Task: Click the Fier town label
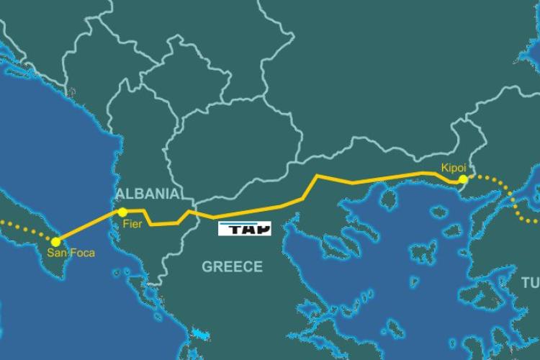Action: (132, 225)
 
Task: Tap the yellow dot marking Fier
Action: (123, 212)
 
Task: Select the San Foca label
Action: (71, 253)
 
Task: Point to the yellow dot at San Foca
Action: (55, 240)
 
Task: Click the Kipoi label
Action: (454, 168)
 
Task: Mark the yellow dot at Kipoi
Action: (463, 179)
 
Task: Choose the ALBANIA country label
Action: (147, 194)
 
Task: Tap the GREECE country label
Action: (232, 267)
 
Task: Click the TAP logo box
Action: (245, 230)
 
